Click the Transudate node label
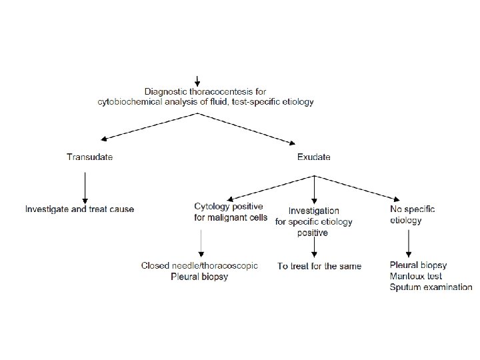(89, 157)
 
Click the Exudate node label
(313, 157)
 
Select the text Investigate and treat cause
(79, 209)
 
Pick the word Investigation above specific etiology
(313, 211)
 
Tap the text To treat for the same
(319, 266)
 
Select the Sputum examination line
(431, 287)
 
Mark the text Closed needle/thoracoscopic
(199, 265)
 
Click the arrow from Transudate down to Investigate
(85, 187)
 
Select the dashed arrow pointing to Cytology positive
(267, 187)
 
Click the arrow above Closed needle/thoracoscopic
(201, 243)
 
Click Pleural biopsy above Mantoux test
(418, 265)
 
